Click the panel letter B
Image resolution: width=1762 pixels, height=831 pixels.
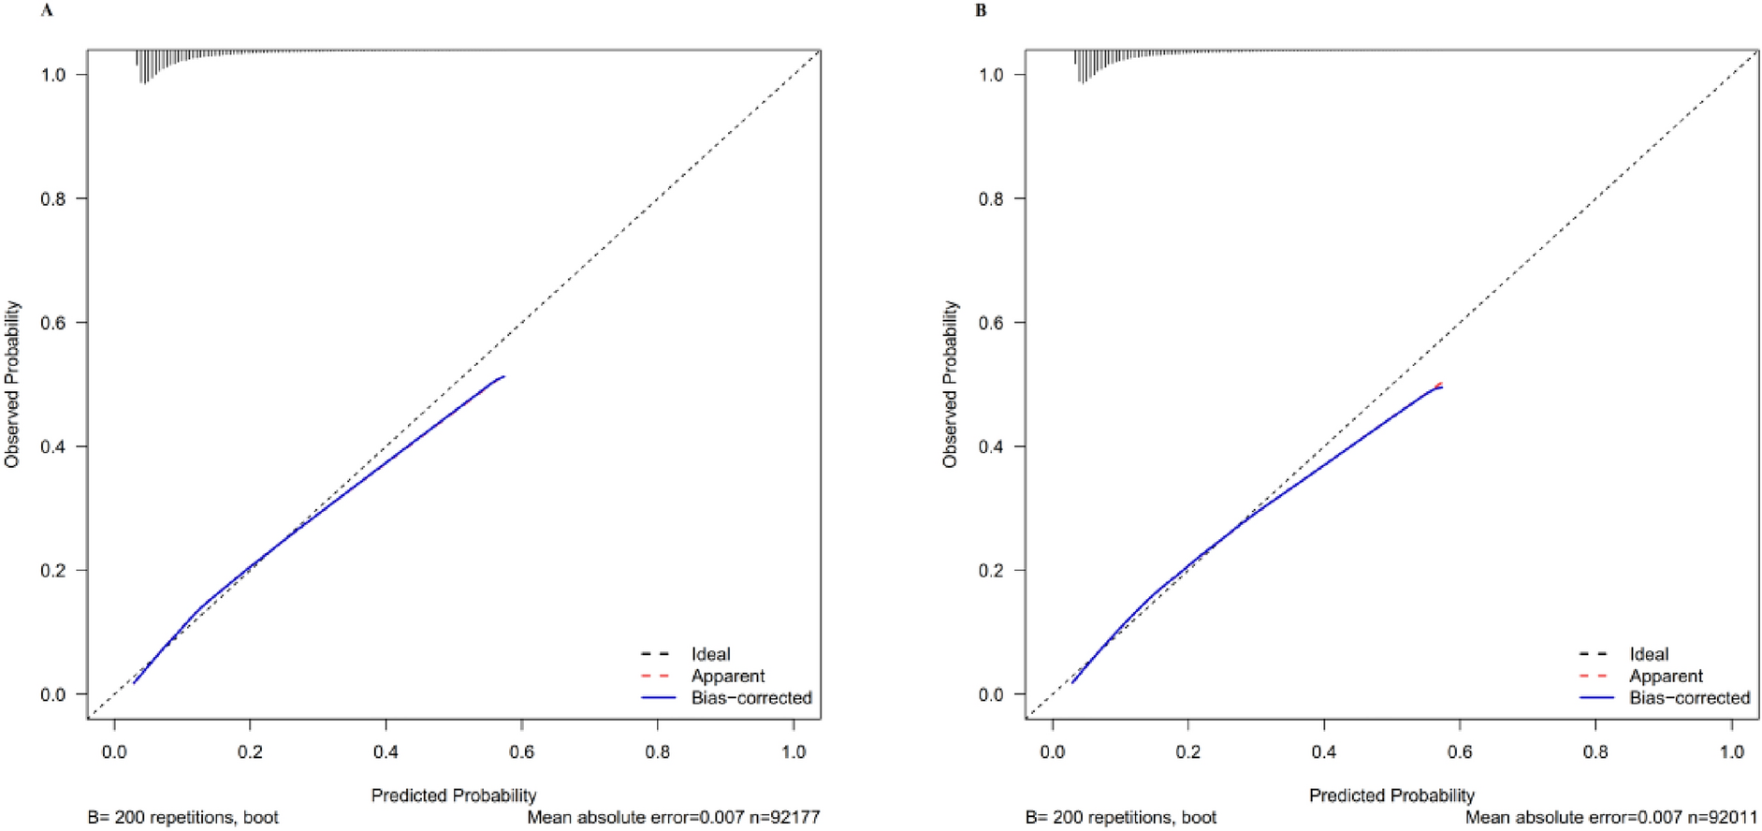point(981,11)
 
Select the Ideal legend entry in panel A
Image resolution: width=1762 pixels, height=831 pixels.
point(710,654)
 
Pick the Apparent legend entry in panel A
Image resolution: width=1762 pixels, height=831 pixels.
point(727,676)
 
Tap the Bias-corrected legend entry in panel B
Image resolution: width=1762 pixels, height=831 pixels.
point(1689,698)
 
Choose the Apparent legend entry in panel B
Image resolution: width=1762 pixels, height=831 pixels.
point(1666,676)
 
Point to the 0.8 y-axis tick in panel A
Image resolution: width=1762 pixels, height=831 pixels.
point(53,198)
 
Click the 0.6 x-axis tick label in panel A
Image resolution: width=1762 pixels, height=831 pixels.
point(522,751)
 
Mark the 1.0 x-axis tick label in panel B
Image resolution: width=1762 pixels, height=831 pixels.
point(1732,751)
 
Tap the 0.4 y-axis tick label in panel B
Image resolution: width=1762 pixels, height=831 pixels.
point(992,446)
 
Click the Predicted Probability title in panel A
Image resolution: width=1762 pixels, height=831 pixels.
point(454,795)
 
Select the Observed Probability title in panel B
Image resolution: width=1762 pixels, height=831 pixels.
point(951,384)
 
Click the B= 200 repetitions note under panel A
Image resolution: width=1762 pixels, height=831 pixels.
point(183,817)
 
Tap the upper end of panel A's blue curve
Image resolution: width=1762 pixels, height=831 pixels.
point(503,377)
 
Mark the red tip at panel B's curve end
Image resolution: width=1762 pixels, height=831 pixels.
point(1440,384)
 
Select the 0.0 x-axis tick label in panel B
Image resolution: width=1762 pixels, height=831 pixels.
point(1053,751)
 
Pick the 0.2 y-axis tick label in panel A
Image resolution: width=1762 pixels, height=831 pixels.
point(53,570)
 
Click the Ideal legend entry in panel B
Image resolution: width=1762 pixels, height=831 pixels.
point(1649,654)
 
